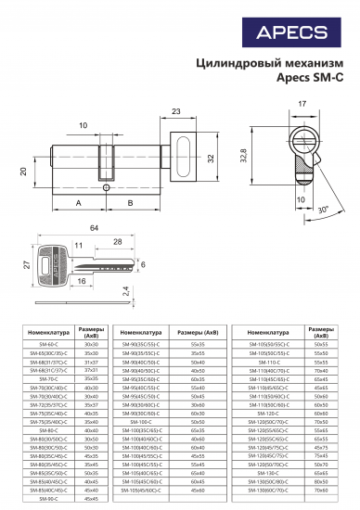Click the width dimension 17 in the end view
[302, 104]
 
